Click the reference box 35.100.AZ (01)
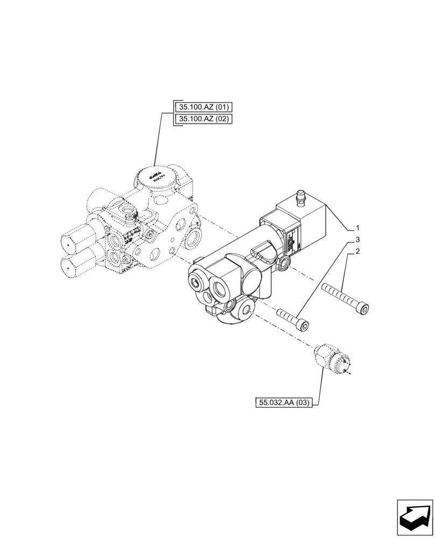click(202, 107)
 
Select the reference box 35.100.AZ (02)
click(202, 118)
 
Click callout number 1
click(357, 228)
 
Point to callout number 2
click(357, 251)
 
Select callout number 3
click(357, 239)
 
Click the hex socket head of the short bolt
click(305, 325)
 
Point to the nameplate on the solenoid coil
click(296, 240)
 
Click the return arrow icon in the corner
click(415, 517)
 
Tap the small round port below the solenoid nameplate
click(285, 263)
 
